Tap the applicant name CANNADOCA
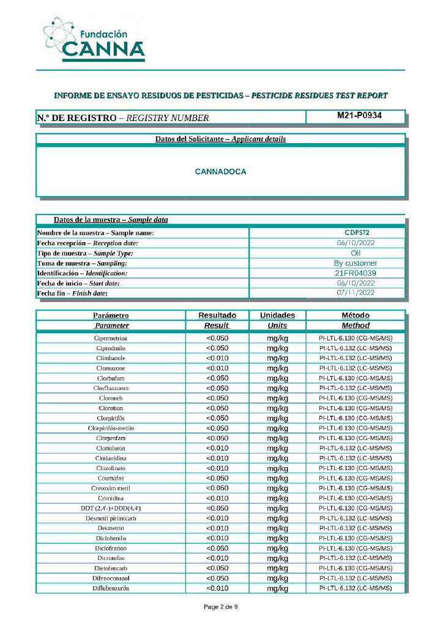(220, 172)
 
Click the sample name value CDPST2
(357, 232)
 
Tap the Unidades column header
(277, 315)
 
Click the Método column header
(356, 315)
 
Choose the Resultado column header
(217, 315)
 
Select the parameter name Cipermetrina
(111, 338)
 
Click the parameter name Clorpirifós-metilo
(111, 428)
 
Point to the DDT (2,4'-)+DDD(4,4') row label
(111, 508)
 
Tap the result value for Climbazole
(217, 358)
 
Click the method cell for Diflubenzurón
(356, 588)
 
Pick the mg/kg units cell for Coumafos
(277, 478)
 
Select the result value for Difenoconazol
(217, 578)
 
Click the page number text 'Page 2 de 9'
(220, 607)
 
